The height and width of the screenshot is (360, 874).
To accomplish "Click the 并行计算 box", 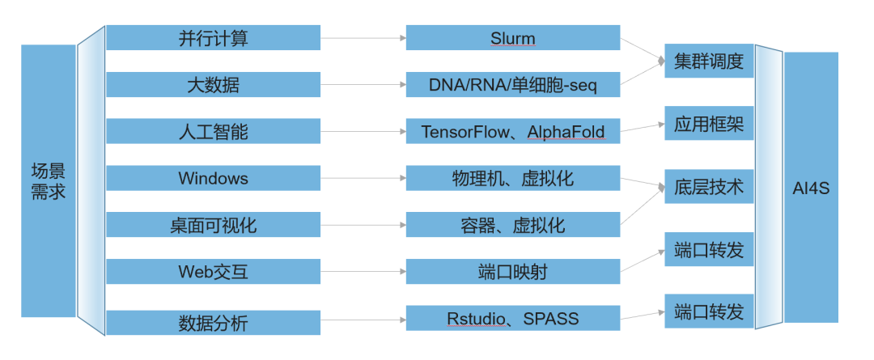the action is point(213,37).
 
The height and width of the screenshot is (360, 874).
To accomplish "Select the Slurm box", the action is point(513,37).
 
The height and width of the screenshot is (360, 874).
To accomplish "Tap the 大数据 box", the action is point(213,84).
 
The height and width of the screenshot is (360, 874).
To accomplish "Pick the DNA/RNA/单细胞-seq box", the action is point(513,84).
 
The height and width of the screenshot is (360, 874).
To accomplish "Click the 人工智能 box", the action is point(213,131).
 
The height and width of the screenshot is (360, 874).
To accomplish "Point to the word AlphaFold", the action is point(566,132).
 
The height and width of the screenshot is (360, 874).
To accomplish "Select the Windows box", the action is point(213,178).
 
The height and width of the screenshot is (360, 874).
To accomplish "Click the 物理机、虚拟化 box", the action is point(513,178).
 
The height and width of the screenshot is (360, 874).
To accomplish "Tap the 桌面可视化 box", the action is point(213,225).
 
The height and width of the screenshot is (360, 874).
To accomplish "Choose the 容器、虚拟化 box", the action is point(513,225).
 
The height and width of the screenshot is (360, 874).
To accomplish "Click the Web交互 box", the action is point(213,271).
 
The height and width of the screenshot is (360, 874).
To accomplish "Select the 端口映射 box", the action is point(513,271).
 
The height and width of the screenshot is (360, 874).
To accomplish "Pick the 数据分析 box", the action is point(213,323).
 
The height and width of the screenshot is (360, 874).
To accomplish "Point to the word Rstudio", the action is point(477,319).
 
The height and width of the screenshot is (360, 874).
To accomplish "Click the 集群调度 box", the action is point(709,61).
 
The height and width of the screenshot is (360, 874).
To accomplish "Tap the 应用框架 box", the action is point(709,123).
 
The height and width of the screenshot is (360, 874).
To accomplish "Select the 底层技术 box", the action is point(709,186).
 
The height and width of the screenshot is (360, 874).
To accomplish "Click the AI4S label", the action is point(811,188).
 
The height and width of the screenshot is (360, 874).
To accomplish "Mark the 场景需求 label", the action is point(49,181).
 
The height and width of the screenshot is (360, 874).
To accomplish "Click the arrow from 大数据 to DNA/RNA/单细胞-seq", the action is point(363,85).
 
